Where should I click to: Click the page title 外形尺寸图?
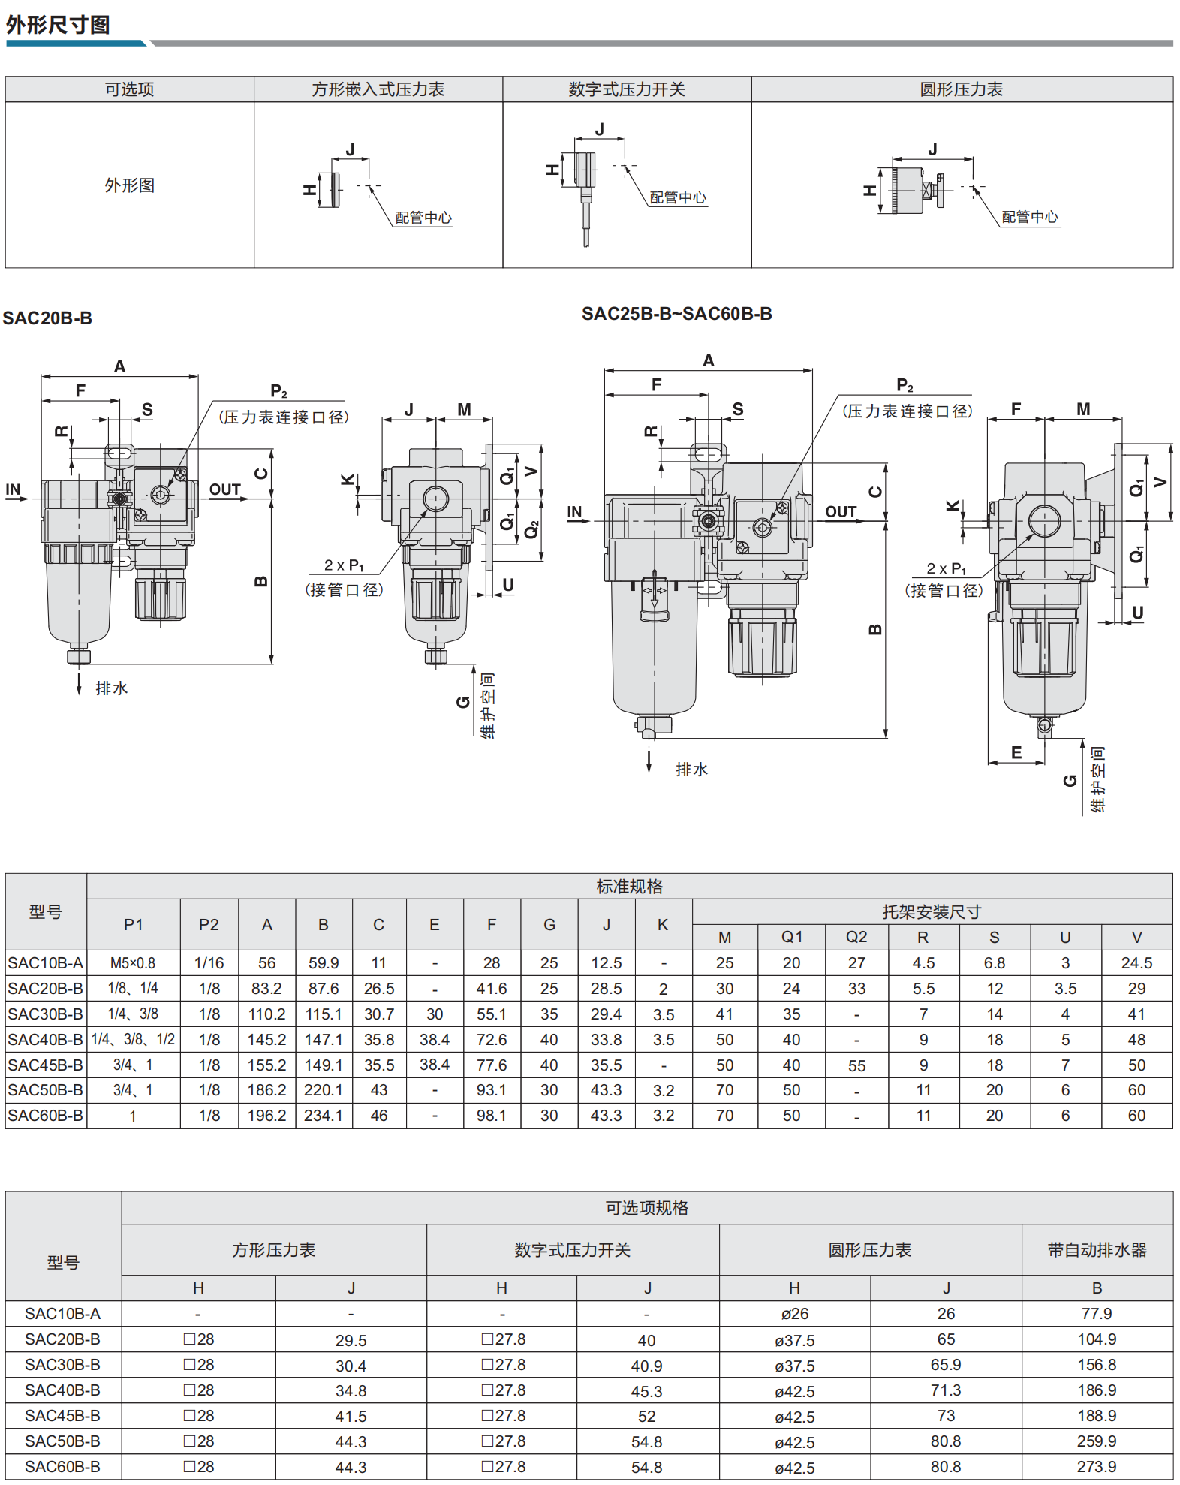(58, 25)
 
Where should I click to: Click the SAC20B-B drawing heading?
(47, 318)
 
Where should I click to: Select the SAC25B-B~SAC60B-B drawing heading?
(677, 314)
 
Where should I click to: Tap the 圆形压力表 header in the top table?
(962, 89)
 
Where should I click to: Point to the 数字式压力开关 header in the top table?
(627, 89)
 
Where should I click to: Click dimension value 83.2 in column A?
(266, 989)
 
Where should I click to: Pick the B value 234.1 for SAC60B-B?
(323, 1116)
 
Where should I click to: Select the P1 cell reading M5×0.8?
(133, 963)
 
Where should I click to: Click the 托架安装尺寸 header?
(932, 912)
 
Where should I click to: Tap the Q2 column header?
(856, 937)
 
